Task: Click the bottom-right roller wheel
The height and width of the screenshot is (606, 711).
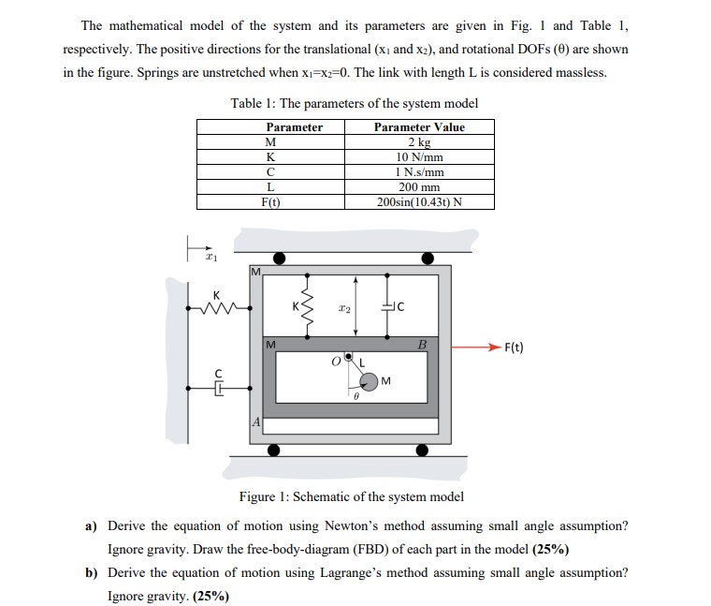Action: pos(422,451)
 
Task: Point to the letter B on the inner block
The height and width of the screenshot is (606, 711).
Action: pos(421,346)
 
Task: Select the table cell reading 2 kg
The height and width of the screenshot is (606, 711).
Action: pos(418,142)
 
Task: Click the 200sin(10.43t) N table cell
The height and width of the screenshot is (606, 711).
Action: pos(418,202)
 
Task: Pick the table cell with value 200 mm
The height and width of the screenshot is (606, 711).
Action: pos(418,187)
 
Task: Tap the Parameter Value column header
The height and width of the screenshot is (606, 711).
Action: pos(418,127)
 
